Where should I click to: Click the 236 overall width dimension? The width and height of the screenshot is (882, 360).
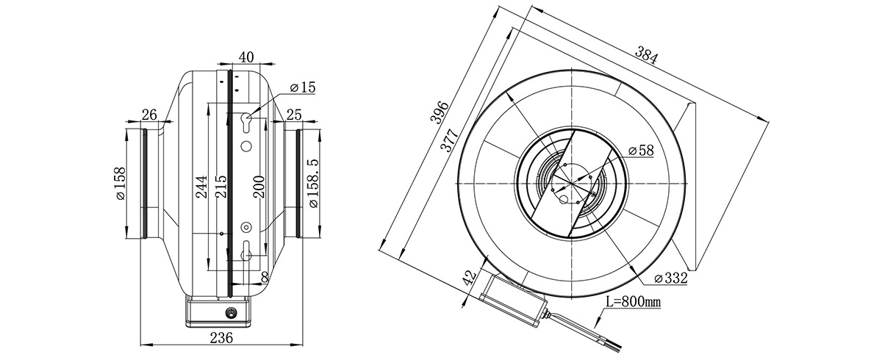click(221, 337)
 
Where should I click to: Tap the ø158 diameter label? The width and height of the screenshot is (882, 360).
click(121, 184)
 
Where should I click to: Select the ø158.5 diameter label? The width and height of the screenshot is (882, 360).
click(313, 183)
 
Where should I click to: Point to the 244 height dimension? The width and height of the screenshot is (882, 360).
click(201, 187)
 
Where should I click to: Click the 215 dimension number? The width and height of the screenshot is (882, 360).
click(221, 187)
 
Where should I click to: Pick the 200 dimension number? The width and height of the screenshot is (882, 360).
click(259, 187)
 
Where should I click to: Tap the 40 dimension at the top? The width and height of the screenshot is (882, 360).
click(246, 57)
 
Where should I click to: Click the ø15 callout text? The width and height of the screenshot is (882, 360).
click(302, 87)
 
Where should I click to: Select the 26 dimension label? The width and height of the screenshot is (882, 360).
click(149, 115)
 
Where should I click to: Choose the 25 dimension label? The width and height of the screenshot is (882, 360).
click(294, 115)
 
